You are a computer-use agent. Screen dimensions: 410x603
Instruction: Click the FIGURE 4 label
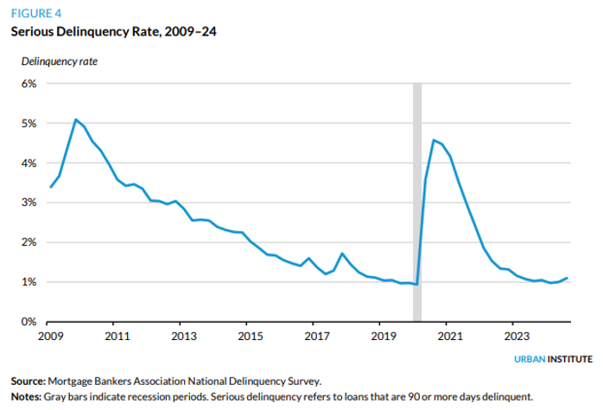[36, 13]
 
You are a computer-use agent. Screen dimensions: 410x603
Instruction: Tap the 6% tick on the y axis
[29, 84]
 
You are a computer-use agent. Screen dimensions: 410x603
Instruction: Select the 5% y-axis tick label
[29, 124]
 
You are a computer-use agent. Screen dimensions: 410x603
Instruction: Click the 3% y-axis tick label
[29, 203]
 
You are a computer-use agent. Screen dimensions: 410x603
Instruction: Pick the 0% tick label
[29, 322]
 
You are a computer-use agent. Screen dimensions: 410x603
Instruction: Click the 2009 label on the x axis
[51, 335]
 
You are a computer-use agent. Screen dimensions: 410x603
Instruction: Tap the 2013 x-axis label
[181, 335]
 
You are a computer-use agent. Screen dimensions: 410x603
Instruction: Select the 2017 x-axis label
[316, 335]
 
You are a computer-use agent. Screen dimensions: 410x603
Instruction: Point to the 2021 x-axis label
[449, 335]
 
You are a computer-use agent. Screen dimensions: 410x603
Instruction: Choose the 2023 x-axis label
[516, 335]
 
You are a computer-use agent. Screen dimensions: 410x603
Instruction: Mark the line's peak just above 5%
[76, 119]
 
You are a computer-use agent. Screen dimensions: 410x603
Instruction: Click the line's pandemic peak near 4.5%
[434, 140]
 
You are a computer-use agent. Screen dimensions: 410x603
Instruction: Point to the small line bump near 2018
[342, 253]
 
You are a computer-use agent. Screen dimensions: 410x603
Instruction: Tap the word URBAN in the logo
[533, 358]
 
